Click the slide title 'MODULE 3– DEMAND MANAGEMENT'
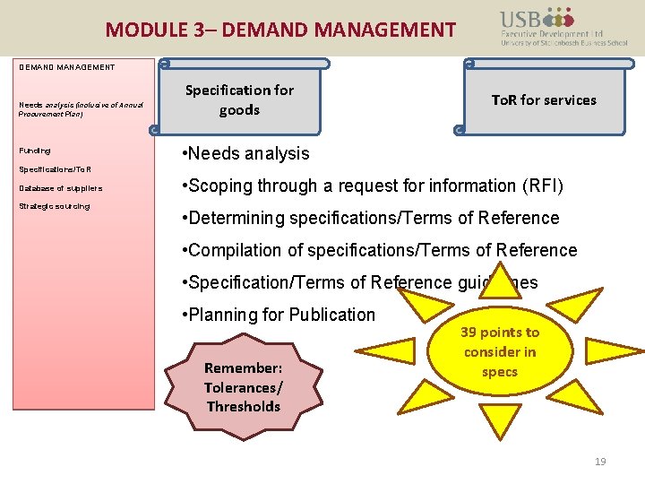tap(280, 30)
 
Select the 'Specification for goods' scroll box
tap(239, 99)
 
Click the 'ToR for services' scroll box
tap(544, 99)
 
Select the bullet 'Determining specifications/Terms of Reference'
tap(370, 218)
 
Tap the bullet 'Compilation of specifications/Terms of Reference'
tap(379, 250)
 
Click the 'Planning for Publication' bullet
tap(278, 315)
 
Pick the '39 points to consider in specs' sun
tap(500, 351)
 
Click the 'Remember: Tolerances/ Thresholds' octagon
tap(243, 387)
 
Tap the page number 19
tap(600, 462)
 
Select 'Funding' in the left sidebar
tap(35, 151)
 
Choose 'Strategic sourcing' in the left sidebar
tap(55, 206)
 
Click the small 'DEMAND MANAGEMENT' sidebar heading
tap(67, 67)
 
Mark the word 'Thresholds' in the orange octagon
tap(243, 406)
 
